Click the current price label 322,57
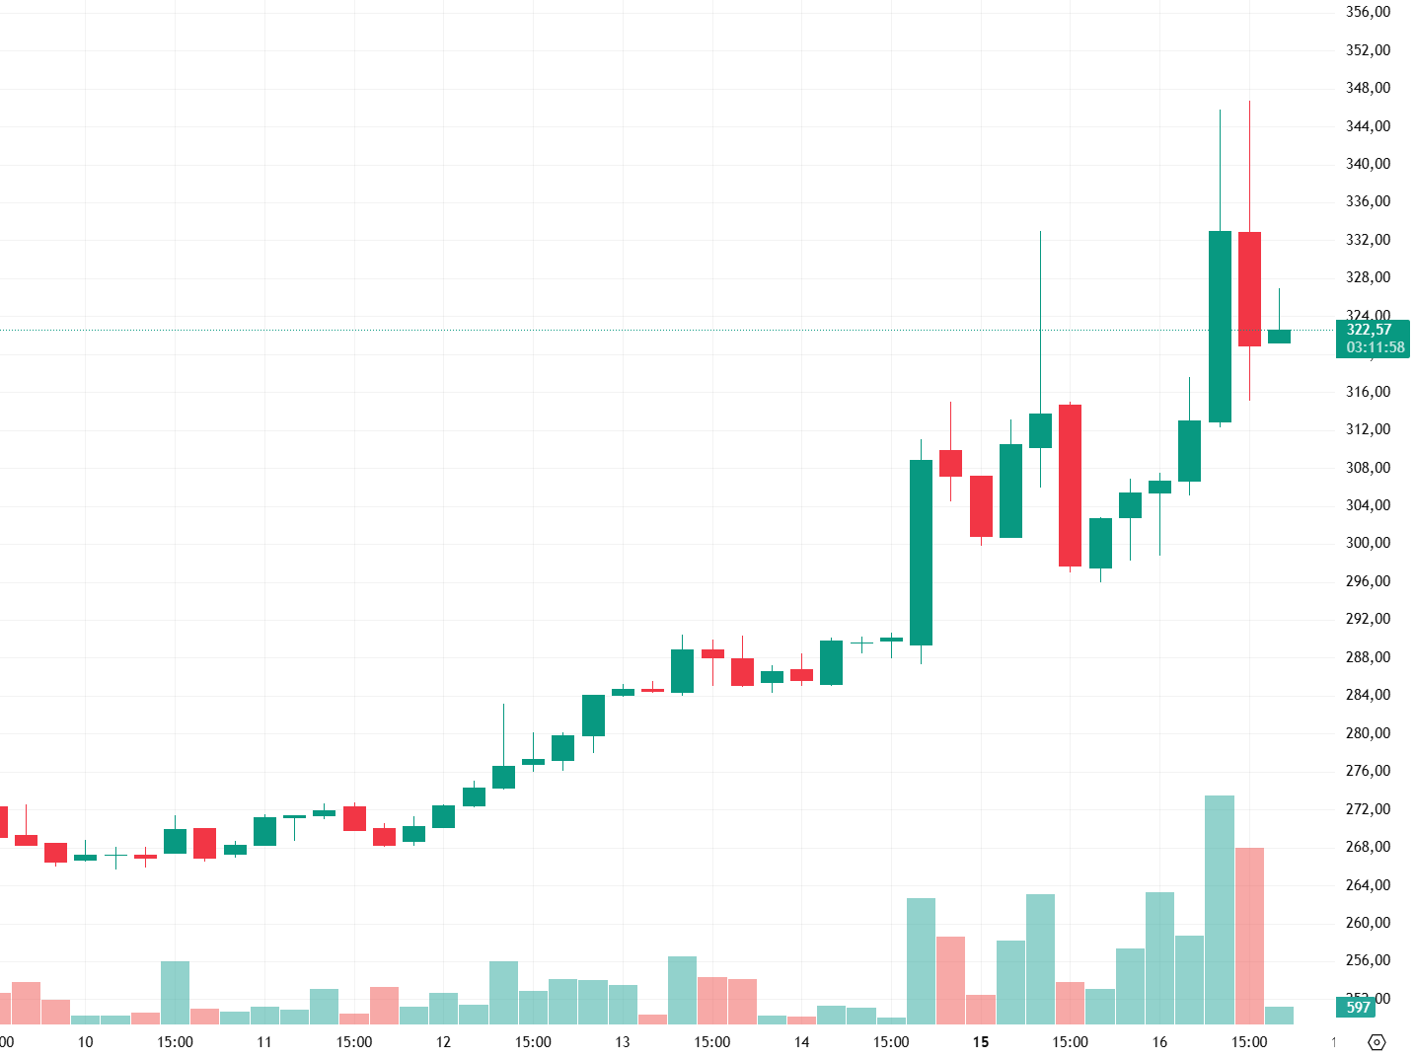[1369, 330]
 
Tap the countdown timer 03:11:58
[1375, 347]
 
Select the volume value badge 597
[1358, 1007]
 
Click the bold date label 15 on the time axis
[981, 1042]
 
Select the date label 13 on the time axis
[623, 1042]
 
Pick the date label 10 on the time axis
[86, 1042]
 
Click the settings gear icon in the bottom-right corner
[1377, 1042]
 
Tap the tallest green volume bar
[1220, 908]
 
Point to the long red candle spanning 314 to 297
[1070, 486]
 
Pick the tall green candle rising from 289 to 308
[921, 553]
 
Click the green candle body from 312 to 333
[1220, 327]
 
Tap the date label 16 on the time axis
[1159, 1042]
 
